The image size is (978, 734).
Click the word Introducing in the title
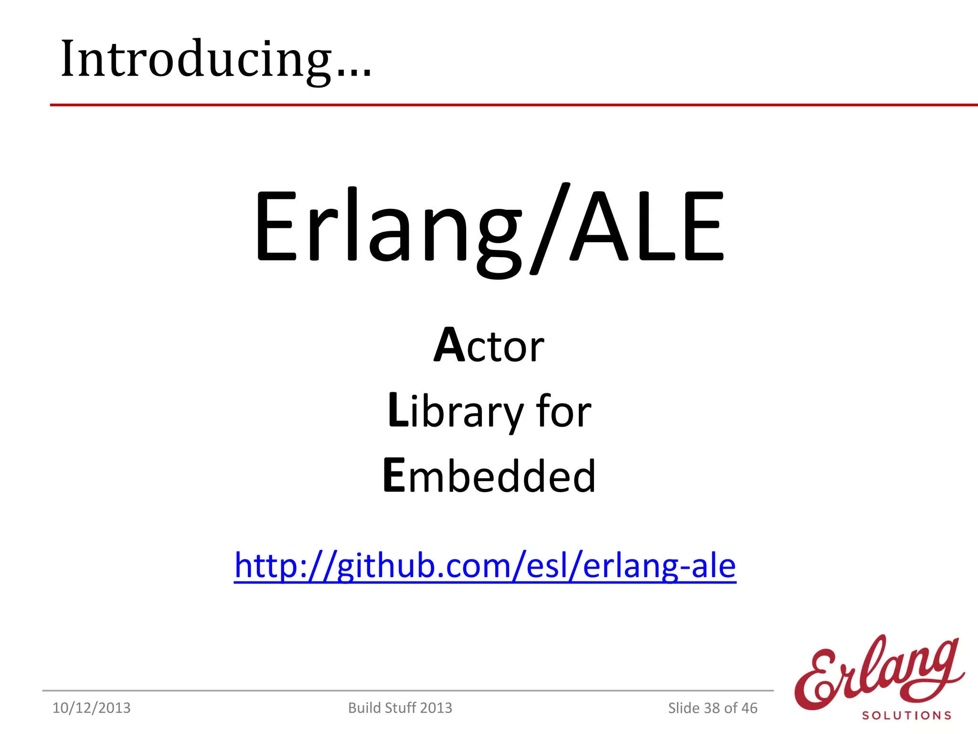(196, 59)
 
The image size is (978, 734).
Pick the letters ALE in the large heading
(648, 227)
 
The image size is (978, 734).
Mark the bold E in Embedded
(394, 475)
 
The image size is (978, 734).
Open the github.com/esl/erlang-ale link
(485, 566)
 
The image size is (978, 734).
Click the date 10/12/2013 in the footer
(91, 708)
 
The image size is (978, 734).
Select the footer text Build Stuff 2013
(400, 708)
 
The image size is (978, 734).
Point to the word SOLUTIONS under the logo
(906, 716)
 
